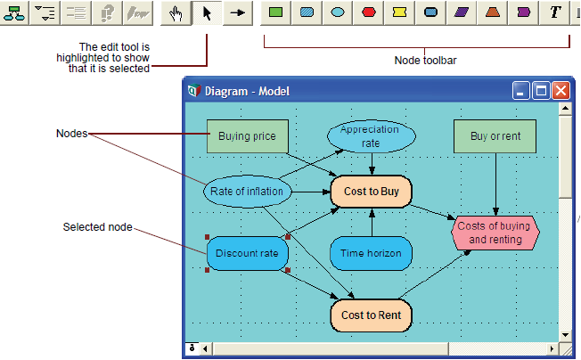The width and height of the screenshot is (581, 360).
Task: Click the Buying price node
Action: click(x=248, y=136)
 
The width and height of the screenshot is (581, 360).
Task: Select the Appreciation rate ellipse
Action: click(x=372, y=136)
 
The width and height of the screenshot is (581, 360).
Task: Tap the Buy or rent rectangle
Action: click(x=495, y=136)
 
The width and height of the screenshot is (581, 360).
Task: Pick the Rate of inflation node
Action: click(x=248, y=192)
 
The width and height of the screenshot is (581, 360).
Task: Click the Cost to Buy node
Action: click(x=372, y=192)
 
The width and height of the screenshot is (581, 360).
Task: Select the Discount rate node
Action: click(x=248, y=253)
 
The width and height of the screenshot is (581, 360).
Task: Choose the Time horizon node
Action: click(x=372, y=253)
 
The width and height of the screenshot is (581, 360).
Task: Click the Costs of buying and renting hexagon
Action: click(x=495, y=233)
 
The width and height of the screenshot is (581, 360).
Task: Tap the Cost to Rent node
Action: click(x=372, y=315)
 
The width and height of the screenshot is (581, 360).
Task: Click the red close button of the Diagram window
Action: click(x=561, y=91)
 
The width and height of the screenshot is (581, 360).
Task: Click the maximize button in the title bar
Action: click(x=541, y=91)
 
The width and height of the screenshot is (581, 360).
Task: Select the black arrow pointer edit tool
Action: click(x=207, y=13)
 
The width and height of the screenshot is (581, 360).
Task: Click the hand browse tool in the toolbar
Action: click(x=176, y=13)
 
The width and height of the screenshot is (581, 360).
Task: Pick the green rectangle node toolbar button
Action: click(x=275, y=13)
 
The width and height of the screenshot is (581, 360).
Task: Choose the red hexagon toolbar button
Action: click(x=369, y=13)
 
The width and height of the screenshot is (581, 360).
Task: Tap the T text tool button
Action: click(x=554, y=13)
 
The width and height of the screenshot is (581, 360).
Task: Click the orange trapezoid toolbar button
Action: click(x=493, y=13)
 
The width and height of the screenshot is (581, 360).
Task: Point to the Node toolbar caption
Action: click(x=425, y=61)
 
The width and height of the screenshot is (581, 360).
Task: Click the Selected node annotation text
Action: click(x=97, y=227)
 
